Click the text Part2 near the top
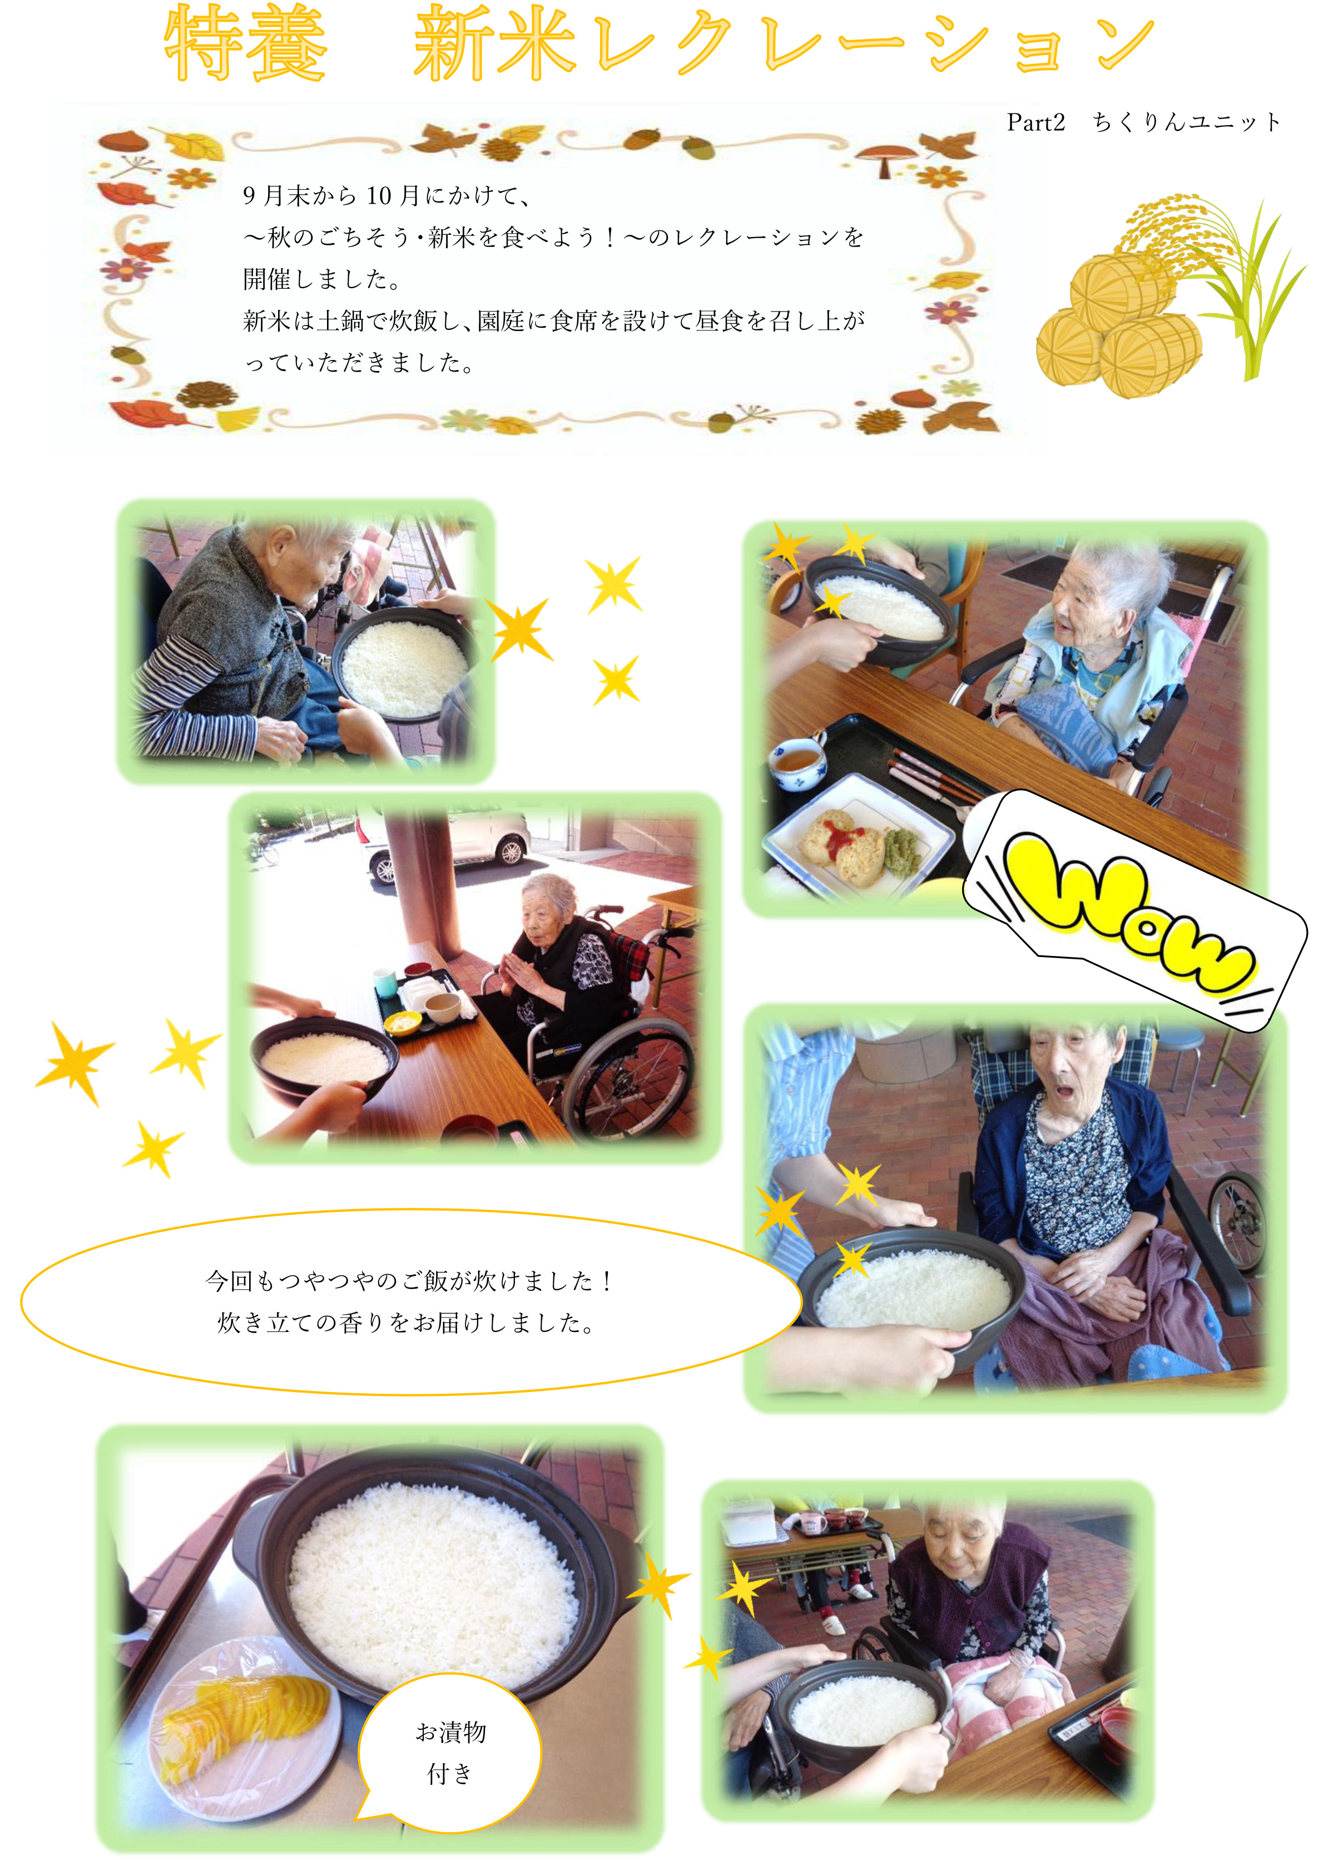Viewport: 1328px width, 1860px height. tap(1036, 123)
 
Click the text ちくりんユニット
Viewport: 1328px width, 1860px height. tap(1187, 123)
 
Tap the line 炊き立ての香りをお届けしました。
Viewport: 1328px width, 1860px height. tap(407, 1323)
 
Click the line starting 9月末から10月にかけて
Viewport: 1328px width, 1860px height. tap(388, 195)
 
